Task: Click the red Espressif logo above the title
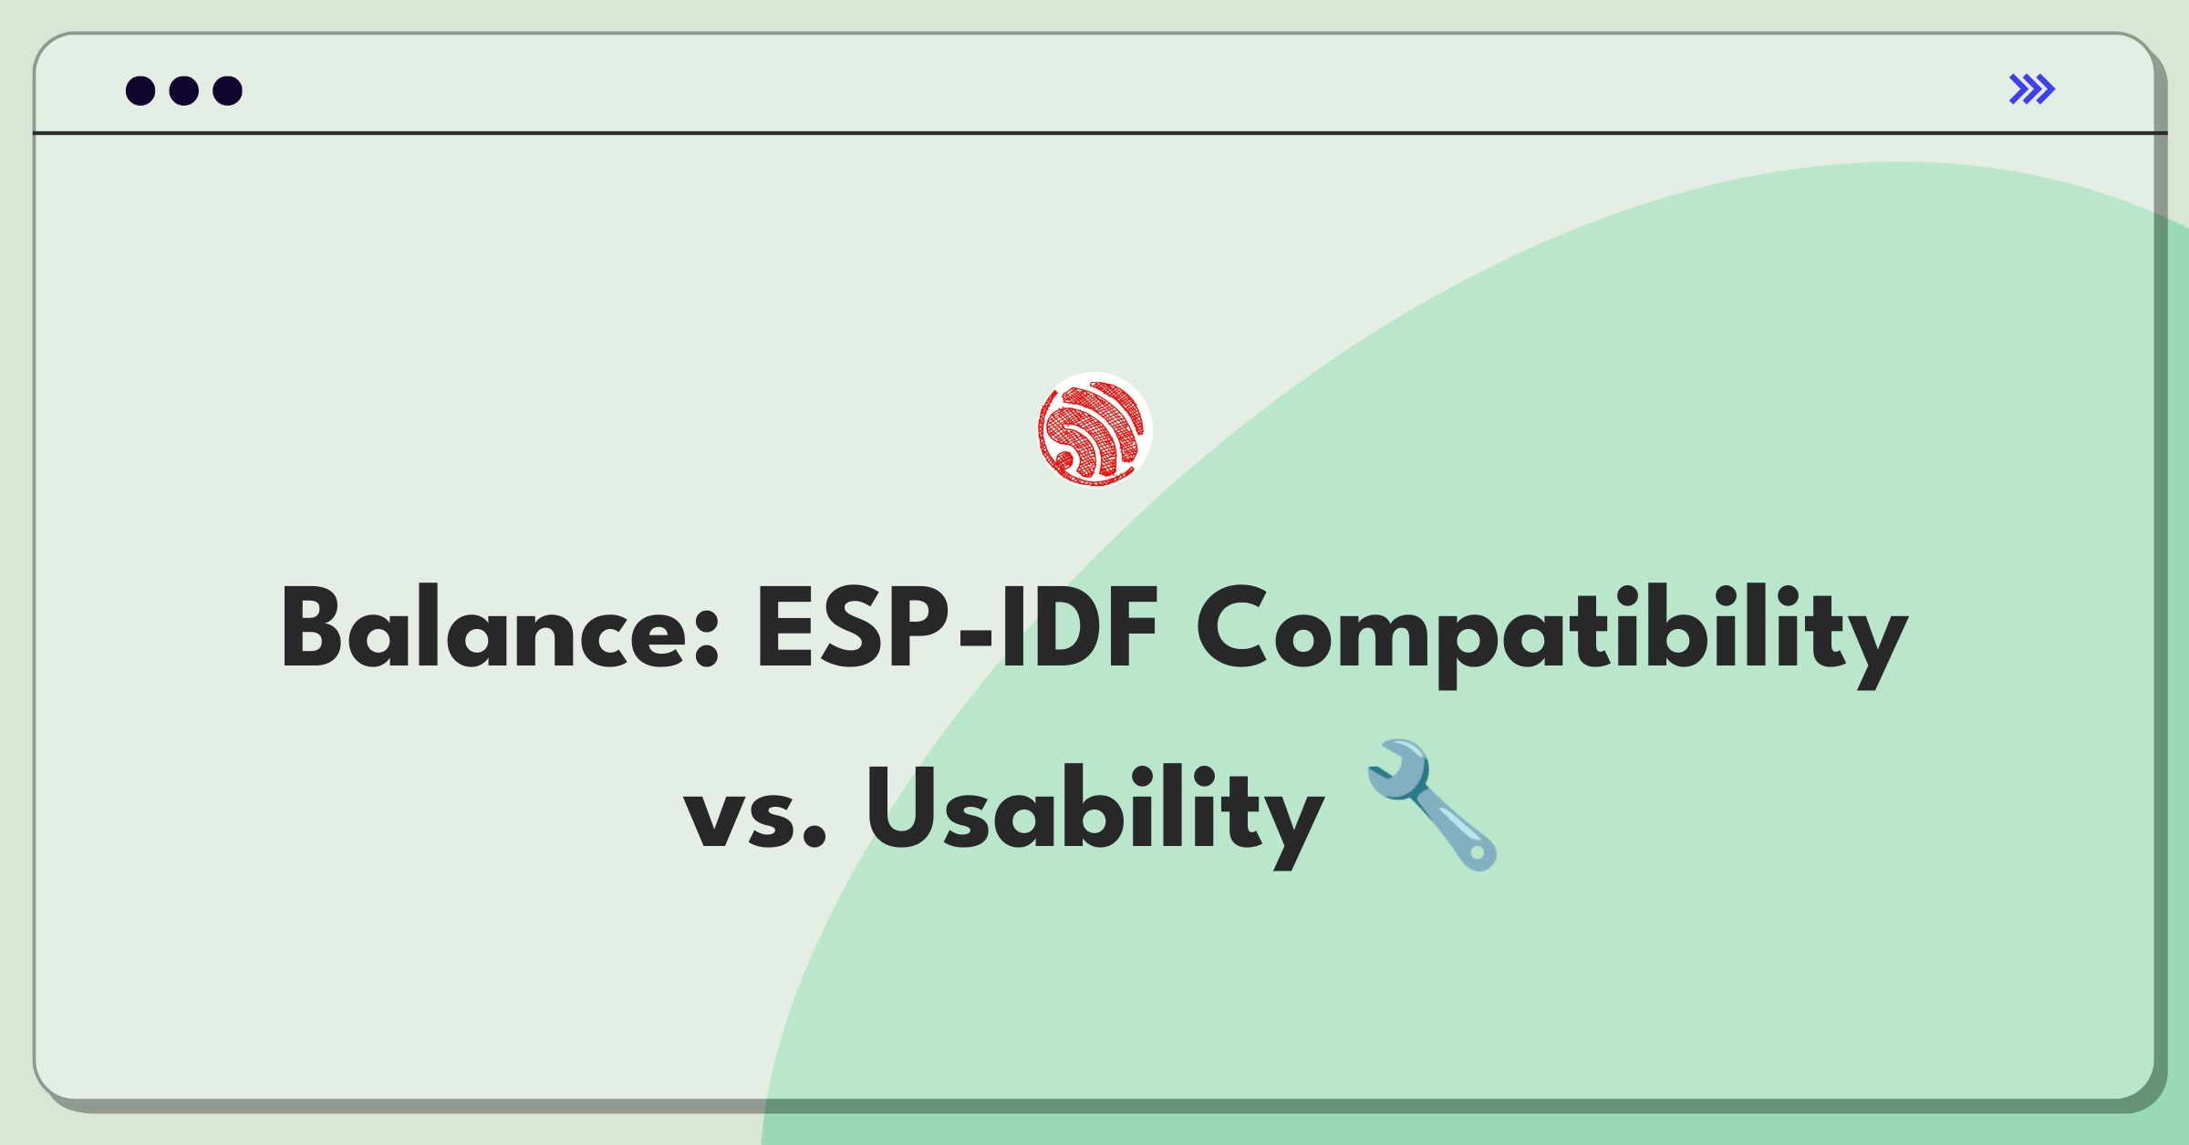click(1094, 429)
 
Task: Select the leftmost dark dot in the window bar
click(140, 90)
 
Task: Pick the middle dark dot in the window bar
click(184, 90)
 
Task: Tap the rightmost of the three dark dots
click(227, 90)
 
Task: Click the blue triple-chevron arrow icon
click(2031, 89)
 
